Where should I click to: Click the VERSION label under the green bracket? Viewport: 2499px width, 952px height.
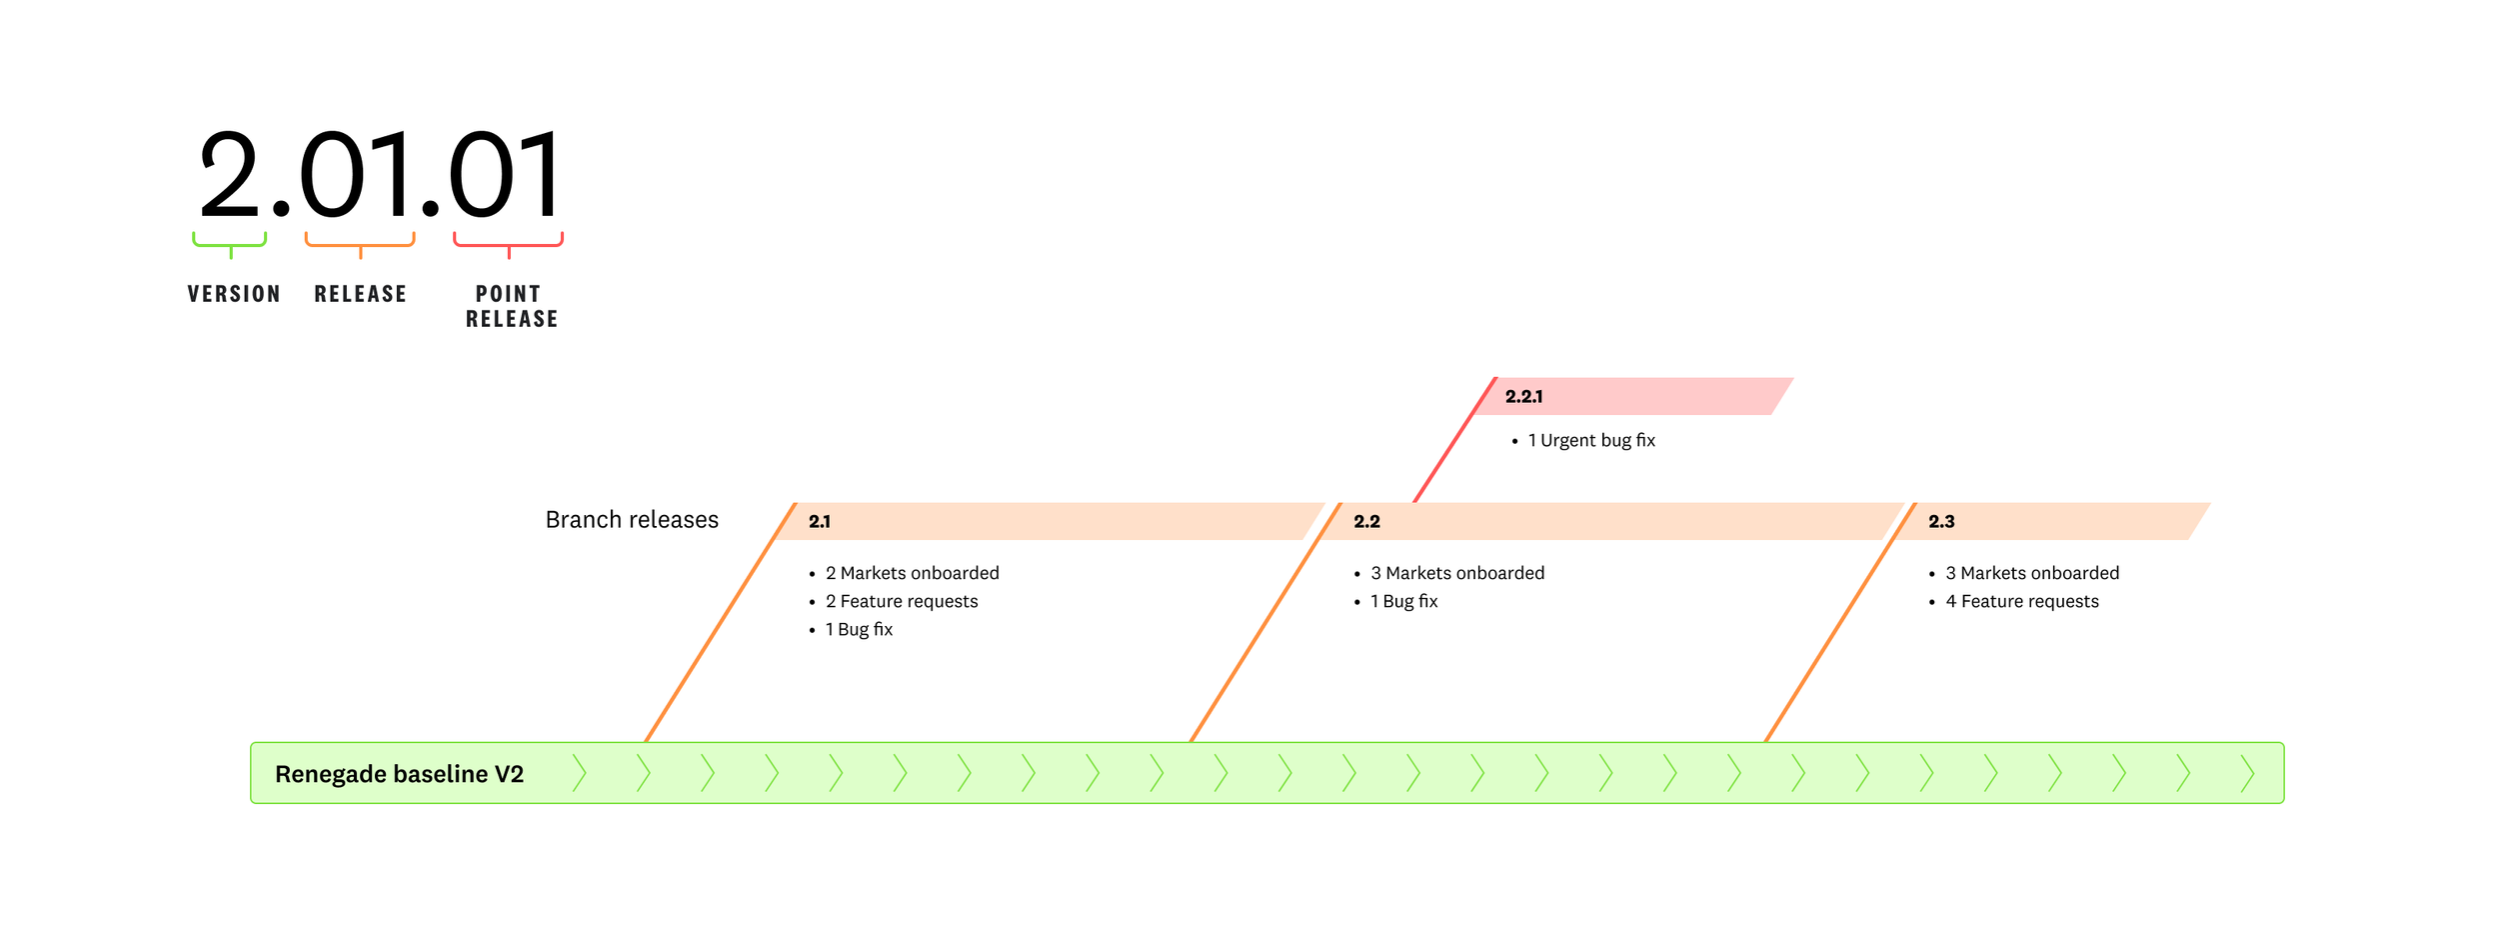pos(234,294)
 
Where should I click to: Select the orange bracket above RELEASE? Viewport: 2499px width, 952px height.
pos(360,243)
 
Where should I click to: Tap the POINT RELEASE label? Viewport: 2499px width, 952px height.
pos(511,306)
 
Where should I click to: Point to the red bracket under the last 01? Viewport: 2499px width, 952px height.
pos(509,243)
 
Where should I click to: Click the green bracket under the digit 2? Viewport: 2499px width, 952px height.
pos(230,243)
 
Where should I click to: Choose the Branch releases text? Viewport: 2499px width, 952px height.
pos(632,520)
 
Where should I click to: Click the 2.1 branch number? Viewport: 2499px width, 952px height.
pos(820,522)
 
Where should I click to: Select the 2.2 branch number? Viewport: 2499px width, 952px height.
pos(1366,522)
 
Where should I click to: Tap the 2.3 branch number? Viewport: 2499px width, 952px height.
pos(1941,522)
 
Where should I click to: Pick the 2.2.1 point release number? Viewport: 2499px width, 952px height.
pos(1523,397)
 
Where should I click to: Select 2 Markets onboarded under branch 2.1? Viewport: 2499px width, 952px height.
pos(912,573)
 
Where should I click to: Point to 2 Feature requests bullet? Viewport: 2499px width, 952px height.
pos(902,601)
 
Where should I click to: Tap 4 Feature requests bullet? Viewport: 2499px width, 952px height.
pos(2021,601)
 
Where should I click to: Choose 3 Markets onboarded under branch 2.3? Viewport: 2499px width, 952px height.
pos(2032,573)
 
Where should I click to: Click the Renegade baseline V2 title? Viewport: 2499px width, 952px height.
pos(399,774)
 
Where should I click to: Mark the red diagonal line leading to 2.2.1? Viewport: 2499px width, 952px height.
pos(1454,440)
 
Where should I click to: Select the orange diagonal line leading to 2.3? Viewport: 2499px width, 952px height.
pos(1839,622)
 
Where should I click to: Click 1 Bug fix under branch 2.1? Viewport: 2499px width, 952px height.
pos(859,630)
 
